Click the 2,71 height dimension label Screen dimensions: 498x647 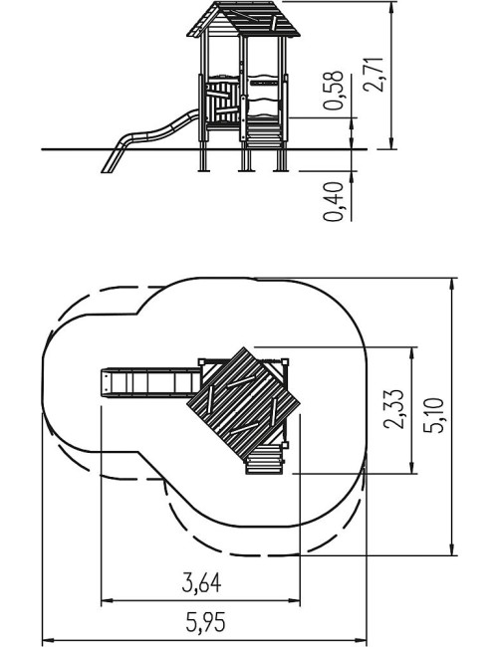(x=374, y=75)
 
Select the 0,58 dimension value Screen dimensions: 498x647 (x=334, y=91)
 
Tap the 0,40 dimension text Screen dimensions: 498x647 (x=334, y=202)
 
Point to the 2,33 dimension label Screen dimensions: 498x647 (x=393, y=409)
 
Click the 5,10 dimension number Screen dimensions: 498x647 (x=434, y=415)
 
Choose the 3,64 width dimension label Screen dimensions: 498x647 (x=201, y=582)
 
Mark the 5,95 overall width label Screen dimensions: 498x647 (x=205, y=622)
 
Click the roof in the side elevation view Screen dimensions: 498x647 (x=244, y=19)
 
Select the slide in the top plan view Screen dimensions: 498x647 (x=151, y=383)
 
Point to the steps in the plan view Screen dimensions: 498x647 (x=265, y=460)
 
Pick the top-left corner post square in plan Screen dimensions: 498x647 (x=201, y=362)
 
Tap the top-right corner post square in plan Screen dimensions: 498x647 (x=285, y=362)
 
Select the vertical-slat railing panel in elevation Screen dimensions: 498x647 (x=223, y=102)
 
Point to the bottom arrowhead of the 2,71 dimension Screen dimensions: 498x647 (x=391, y=144)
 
